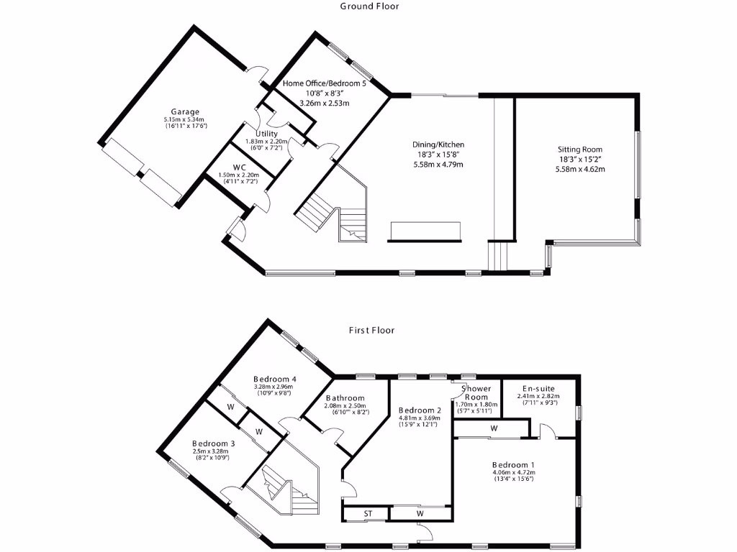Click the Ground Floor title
(x=369, y=6)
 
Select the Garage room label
(x=185, y=111)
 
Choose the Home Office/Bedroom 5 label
(x=324, y=83)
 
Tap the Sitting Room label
(x=579, y=149)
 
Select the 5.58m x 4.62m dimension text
(x=579, y=170)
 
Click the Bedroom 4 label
(x=275, y=379)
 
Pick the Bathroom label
(x=345, y=398)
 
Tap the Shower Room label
(x=476, y=393)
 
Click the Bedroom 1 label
(x=513, y=464)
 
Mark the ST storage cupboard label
(x=368, y=514)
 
